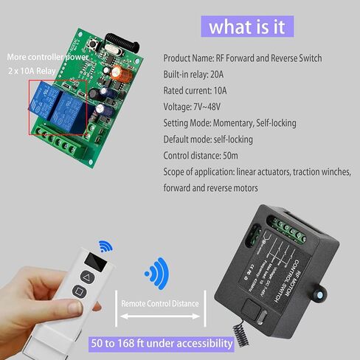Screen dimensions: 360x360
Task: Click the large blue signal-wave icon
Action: coord(156,273)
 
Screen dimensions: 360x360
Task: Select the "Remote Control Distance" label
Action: coord(161,303)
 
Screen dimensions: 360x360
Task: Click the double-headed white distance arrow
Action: coord(161,316)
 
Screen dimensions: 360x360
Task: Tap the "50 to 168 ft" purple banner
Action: coord(161,342)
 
